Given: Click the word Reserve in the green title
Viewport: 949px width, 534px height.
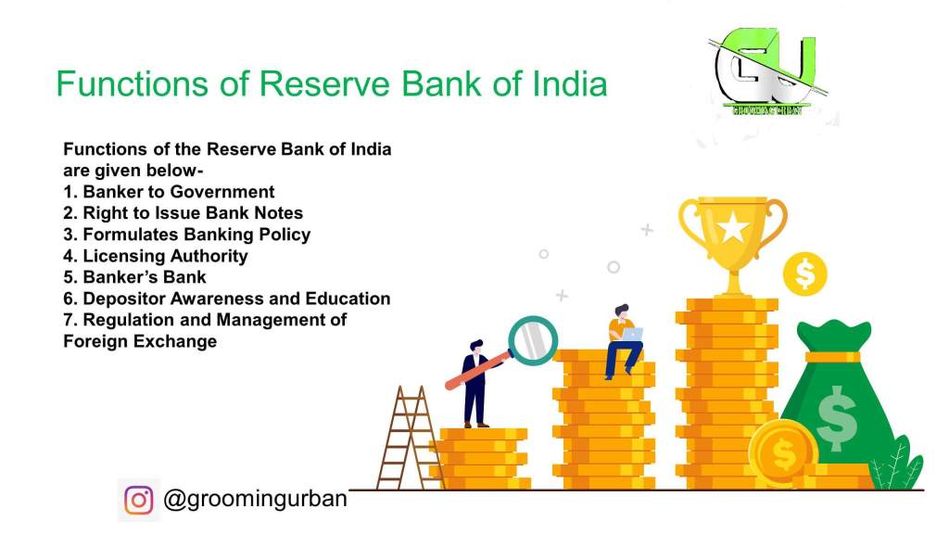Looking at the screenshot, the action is coord(325,83).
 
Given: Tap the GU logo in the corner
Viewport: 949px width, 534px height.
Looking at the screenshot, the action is coord(767,71).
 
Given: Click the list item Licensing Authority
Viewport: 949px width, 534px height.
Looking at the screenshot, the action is coord(156,256).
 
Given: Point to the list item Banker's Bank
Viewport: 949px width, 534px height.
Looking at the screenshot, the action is coord(134,277).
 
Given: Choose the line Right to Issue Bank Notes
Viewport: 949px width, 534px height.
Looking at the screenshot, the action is coord(183,213).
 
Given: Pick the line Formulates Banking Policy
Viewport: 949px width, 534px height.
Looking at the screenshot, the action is coord(187,235).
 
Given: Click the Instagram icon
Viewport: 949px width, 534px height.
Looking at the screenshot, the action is coord(139,500).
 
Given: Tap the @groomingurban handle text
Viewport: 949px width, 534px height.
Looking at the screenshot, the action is coord(255,499).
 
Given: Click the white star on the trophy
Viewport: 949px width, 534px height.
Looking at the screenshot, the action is coord(733,228).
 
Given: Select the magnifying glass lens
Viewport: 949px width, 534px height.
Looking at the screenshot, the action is coord(533,340).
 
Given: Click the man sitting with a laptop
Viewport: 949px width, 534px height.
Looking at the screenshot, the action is coord(624,341).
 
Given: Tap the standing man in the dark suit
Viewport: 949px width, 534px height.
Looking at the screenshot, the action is coord(475,383).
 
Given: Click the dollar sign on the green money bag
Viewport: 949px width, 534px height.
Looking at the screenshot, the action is coord(837,418).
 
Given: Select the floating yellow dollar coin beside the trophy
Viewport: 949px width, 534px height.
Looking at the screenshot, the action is coord(804,273).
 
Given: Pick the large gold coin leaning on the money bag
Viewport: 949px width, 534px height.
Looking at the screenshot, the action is coord(782,452).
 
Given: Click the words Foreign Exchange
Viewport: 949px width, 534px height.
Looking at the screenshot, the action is coord(140,341).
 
